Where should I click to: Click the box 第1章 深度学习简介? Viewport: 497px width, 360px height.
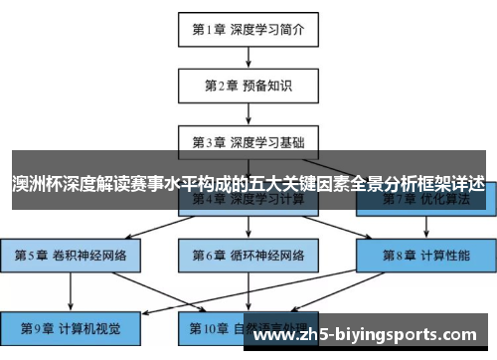point(248,30)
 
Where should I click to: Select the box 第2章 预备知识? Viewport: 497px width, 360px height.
point(248,86)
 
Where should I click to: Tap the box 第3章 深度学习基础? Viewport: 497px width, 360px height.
point(248,141)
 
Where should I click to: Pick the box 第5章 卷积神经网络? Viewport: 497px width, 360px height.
point(71,255)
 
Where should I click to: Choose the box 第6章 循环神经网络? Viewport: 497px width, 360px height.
point(248,255)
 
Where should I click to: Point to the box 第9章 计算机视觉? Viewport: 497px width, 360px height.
point(71,324)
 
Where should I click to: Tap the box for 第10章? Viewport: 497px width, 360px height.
point(248,324)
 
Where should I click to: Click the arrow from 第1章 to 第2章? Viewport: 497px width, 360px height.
point(248,58)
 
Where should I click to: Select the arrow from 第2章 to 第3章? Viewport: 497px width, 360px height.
point(248,113)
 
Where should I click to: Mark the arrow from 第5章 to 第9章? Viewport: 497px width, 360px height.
point(71,289)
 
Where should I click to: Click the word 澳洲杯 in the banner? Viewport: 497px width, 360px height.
point(36,185)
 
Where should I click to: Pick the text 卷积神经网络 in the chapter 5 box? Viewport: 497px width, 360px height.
point(88,255)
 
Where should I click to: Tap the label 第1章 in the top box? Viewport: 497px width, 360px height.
point(209,30)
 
